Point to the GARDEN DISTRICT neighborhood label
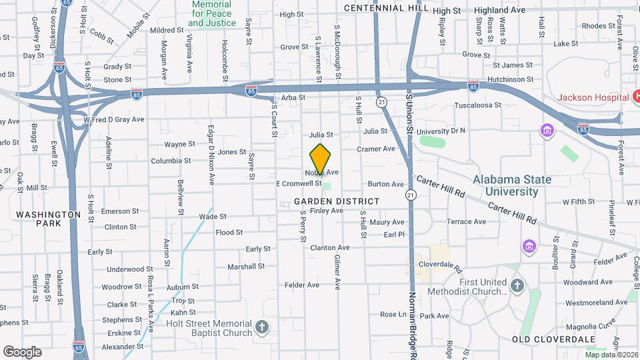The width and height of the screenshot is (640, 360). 336,201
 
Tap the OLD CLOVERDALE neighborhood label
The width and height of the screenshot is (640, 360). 553,339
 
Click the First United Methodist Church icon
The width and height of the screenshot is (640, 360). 517,286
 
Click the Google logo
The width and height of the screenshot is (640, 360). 22,351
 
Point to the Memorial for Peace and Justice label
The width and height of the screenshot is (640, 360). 212,13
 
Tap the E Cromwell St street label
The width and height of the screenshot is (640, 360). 299,183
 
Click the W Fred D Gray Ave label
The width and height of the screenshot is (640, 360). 114,119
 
